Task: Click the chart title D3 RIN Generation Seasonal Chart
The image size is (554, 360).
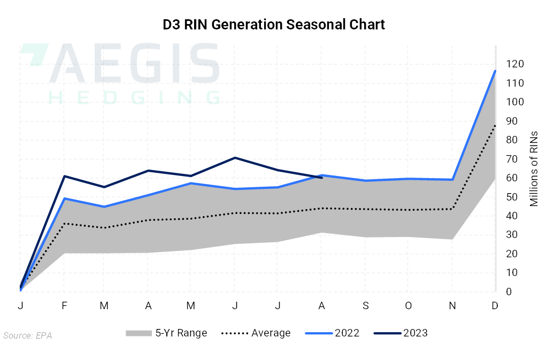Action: [274, 25]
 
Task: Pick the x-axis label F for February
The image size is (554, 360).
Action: [64, 305]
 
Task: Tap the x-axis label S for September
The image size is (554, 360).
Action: [365, 305]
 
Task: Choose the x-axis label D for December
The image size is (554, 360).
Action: [495, 305]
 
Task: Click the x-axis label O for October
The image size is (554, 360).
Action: [409, 305]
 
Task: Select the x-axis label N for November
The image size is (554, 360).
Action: [452, 305]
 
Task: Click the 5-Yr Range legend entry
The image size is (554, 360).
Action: [166, 333]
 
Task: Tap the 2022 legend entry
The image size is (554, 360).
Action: [332, 333]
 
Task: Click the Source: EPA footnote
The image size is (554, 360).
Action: [27, 335]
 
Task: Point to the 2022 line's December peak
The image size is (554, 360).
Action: [495, 71]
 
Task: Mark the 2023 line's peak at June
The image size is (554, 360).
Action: [235, 158]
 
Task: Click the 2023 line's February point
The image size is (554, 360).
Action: [64, 176]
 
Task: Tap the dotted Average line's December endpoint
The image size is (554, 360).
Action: [495, 126]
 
